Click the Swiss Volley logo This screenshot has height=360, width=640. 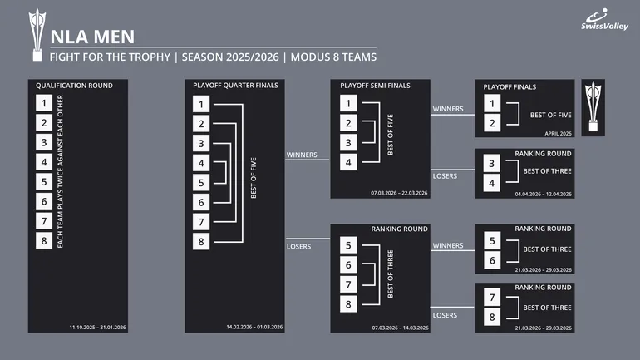(x=604, y=20)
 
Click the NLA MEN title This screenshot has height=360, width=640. (x=92, y=37)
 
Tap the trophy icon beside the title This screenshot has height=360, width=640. (x=37, y=35)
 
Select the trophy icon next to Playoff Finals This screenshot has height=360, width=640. (x=593, y=107)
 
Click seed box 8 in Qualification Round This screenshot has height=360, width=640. (x=44, y=240)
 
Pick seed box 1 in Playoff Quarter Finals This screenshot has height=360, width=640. (x=201, y=104)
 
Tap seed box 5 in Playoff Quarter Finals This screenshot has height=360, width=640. (x=201, y=182)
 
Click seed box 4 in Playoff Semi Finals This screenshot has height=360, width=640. (x=348, y=162)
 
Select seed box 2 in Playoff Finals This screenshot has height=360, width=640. (x=492, y=123)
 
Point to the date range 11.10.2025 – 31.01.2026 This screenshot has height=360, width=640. (x=97, y=328)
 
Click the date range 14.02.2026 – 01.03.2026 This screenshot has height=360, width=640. (x=254, y=327)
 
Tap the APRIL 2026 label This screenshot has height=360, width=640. (x=558, y=134)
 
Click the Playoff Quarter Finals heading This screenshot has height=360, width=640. (x=235, y=86)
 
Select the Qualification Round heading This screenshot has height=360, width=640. (x=74, y=86)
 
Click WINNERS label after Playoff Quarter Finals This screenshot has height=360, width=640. (x=302, y=155)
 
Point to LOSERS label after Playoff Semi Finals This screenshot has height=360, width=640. (x=445, y=176)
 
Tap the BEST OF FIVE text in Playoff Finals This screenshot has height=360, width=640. (x=550, y=115)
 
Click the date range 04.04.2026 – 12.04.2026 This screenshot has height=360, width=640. (x=544, y=195)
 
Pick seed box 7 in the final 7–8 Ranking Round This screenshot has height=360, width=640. (x=492, y=298)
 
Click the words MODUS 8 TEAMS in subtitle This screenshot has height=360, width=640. (x=333, y=57)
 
